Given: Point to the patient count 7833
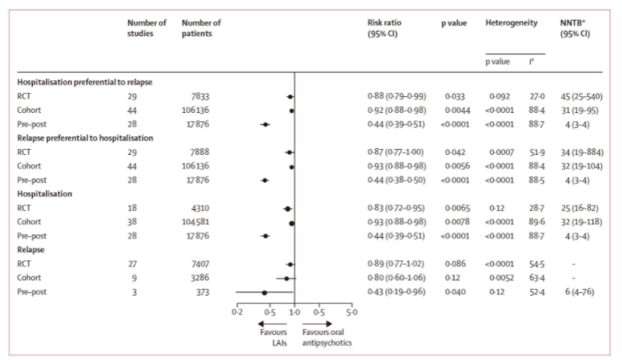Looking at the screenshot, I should click(193, 96).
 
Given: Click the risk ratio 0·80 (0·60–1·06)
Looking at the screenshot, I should click(398, 277).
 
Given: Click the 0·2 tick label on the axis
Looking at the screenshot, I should click(237, 311).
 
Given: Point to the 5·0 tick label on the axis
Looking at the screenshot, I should click(351, 311).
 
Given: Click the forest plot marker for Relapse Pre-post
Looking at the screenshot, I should click(265, 292).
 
